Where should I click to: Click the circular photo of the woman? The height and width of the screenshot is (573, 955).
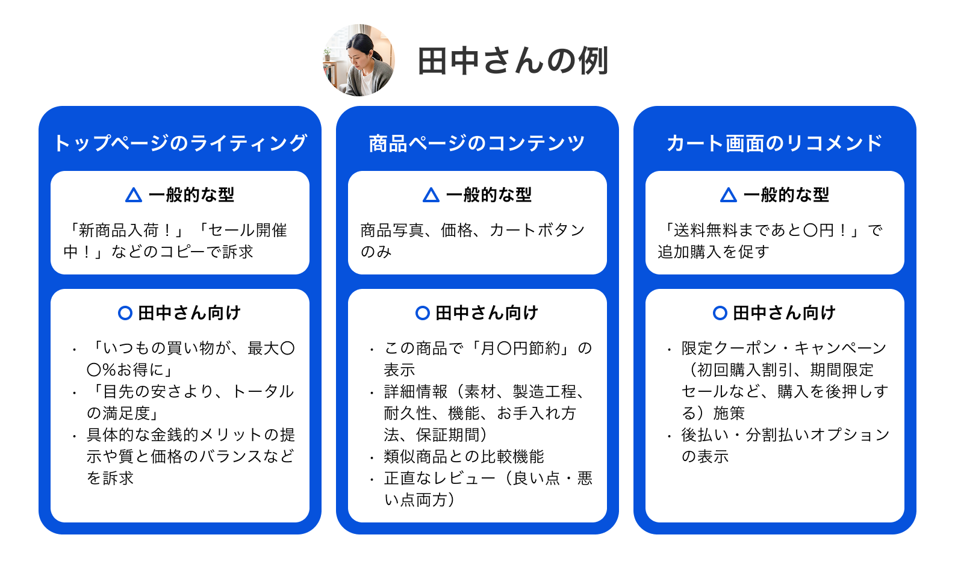pos(358,60)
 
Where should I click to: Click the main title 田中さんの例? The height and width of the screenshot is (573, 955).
pos(513,61)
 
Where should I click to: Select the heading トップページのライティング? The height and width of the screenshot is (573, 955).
pos(180,143)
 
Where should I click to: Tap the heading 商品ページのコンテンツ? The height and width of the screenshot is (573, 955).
pos(477,143)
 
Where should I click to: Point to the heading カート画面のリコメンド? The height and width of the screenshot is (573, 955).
pos(775,143)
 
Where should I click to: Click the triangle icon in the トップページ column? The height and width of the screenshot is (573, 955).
pos(134,194)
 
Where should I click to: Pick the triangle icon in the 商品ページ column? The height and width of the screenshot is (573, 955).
pos(431,194)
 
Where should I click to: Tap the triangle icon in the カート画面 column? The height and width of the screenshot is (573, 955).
pos(728,194)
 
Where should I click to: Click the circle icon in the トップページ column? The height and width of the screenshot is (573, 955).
pos(125,313)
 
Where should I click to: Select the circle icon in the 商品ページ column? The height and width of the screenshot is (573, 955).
pos(423,313)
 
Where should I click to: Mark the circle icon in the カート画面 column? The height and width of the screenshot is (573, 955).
pos(720,313)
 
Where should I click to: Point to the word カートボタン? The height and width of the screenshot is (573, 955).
pos(537,231)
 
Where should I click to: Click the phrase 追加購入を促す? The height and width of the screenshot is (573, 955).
pos(714,252)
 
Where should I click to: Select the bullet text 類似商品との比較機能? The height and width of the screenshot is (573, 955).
pos(464,457)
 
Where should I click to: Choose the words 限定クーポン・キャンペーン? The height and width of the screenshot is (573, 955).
pos(784,348)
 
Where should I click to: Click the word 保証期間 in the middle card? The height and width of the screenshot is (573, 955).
pos(447,435)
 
